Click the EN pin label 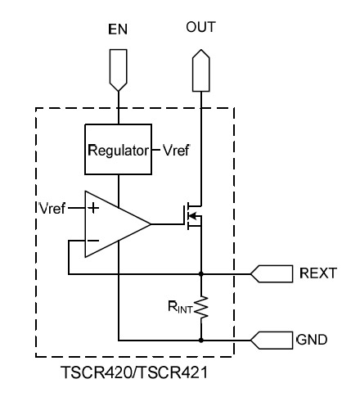coord(118,29)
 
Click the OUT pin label coord(201,27)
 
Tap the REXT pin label coord(318,273)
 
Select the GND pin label coord(312,340)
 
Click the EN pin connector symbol coord(119,70)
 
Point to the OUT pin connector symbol coord(201,70)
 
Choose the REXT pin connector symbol coord(272,273)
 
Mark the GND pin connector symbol coord(272,341)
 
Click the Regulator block coord(119,150)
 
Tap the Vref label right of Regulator coord(176,150)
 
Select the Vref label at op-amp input coord(52,209)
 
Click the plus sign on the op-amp coord(93,208)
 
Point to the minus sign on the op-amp coord(92,241)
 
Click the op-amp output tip coord(151,224)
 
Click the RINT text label coord(180,307)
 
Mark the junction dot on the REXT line coord(201,273)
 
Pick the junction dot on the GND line coord(201,341)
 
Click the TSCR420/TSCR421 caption coord(134,372)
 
